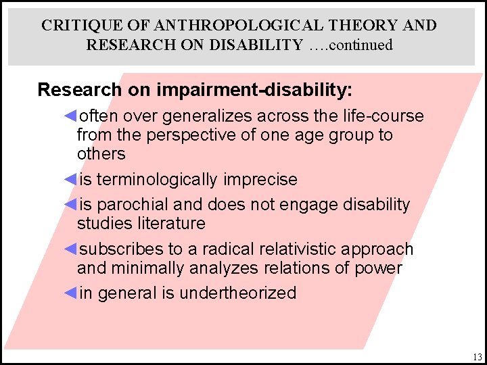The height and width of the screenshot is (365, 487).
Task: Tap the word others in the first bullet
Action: tap(101, 154)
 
